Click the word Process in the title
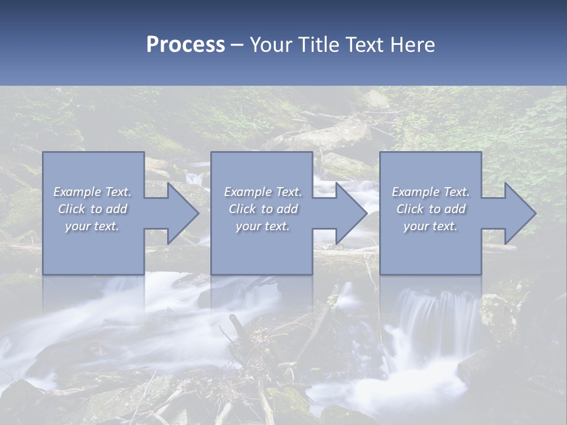tap(185, 45)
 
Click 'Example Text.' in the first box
tap(92, 192)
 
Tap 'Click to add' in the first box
tap(93, 209)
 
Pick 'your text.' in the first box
tap(92, 226)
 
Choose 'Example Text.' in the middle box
tap(263, 192)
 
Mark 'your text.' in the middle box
tap(263, 226)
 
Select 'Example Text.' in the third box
tap(431, 192)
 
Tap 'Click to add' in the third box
tap(431, 209)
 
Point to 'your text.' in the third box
tap(431, 226)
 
